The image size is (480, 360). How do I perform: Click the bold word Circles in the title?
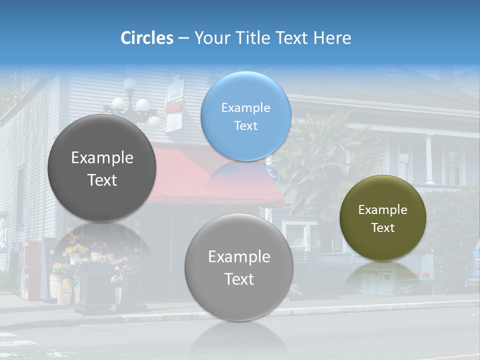coord(146,38)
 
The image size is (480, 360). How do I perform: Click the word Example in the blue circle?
coord(245,108)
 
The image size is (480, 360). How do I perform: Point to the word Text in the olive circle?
coord(383,228)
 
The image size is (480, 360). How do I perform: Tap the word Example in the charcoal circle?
coord(102,158)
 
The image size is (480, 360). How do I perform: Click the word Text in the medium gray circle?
coord(239,279)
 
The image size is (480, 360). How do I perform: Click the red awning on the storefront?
coord(180,175)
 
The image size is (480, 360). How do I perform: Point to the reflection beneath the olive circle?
coord(383,275)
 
